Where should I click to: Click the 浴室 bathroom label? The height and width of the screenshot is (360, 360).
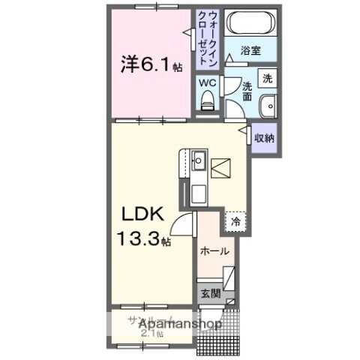click(251, 51)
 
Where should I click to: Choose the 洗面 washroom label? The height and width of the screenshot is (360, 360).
click(247, 88)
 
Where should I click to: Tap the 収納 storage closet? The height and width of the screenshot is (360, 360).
click(262, 137)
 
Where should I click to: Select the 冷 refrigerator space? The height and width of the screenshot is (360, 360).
click(235, 222)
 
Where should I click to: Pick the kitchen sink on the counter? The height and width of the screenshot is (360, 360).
click(199, 160)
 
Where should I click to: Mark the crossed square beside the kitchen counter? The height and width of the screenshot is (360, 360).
click(221, 169)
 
